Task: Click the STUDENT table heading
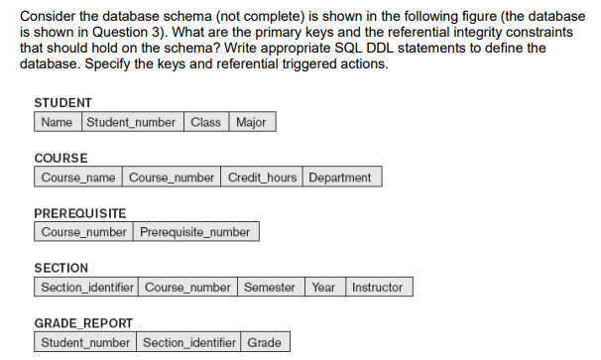pyautogui.click(x=62, y=103)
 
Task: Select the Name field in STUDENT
pyautogui.click(x=58, y=122)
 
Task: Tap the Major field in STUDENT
pyautogui.click(x=253, y=122)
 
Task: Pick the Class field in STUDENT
pyautogui.click(x=205, y=122)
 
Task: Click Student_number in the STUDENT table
pyautogui.click(x=132, y=122)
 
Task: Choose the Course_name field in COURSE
pyautogui.click(x=78, y=178)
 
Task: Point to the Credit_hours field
pyautogui.click(x=262, y=178)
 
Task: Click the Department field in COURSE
pyautogui.click(x=340, y=178)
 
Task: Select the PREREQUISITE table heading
pyautogui.click(x=79, y=213)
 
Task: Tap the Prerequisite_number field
pyautogui.click(x=195, y=232)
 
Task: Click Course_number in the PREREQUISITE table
pyautogui.click(x=83, y=232)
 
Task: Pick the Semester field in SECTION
pyautogui.click(x=270, y=288)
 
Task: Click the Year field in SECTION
pyautogui.click(x=323, y=288)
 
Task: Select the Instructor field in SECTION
pyautogui.click(x=378, y=288)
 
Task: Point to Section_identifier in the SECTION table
pyautogui.click(x=86, y=288)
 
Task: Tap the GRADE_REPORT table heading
pyautogui.click(x=83, y=323)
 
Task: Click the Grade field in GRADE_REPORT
pyautogui.click(x=265, y=343)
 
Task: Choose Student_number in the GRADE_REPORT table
pyautogui.click(x=85, y=343)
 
